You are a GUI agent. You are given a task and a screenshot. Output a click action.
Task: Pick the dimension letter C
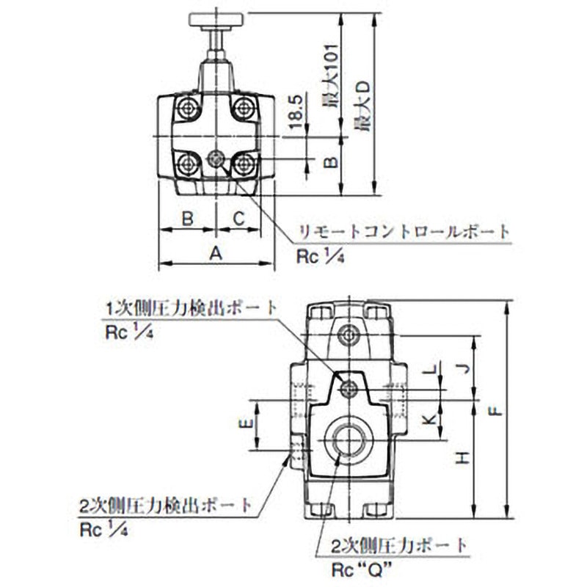click(x=239, y=218)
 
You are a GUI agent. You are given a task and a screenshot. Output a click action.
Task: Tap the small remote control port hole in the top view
click(x=216, y=158)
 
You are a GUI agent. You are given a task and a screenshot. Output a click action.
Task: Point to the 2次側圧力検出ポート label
click(x=165, y=506)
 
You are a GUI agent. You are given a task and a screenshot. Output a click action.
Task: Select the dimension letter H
click(x=462, y=459)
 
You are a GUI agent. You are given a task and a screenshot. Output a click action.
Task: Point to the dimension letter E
click(x=247, y=424)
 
